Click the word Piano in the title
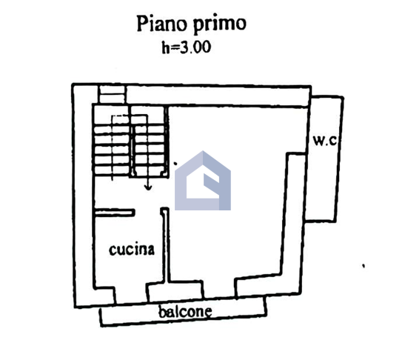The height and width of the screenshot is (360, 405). [x=161, y=23]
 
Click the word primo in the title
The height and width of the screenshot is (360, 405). [x=220, y=25]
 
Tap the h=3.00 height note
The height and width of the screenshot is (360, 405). [x=187, y=47]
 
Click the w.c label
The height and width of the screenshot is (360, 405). [x=325, y=141]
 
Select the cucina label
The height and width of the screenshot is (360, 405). [x=132, y=250]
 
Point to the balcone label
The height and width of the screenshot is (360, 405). [x=185, y=312]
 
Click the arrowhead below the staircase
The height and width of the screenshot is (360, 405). [x=148, y=187]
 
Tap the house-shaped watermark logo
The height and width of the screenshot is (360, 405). [x=203, y=181]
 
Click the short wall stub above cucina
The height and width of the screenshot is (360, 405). [x=115, y=213]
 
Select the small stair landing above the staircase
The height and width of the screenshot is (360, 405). [x=113, y=95]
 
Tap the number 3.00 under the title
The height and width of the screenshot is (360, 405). [x=195, y=47]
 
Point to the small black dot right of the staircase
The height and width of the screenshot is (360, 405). [x=175, y=163]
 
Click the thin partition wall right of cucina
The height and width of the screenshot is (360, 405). [x=165, y=245]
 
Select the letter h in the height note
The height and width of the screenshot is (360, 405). [x=166, y=47]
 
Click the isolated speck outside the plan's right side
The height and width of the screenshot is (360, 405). [x=364, y=265]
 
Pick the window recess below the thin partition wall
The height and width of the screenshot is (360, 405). [x=175, y=292]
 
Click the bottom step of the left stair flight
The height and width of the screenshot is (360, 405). [x=112, y=170]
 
